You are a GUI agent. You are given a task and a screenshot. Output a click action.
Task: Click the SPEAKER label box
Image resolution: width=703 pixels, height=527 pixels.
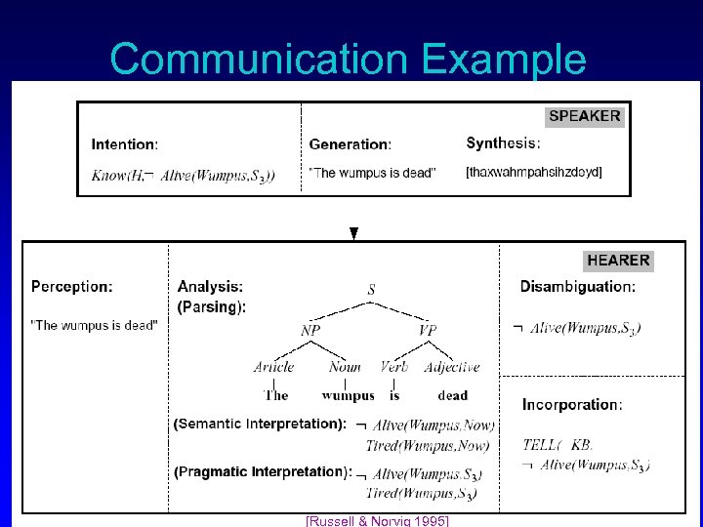(x=584, y=116)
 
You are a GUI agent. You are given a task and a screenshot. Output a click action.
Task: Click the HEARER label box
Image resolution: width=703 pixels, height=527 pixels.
(x=618, y=260)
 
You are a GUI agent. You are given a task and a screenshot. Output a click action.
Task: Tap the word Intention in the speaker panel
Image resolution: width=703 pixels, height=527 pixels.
(x=124, y=144)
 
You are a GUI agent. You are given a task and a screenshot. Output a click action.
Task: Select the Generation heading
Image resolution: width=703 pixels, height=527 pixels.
(x=350, y=144)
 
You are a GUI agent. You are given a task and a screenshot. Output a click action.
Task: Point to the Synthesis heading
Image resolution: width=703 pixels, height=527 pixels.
(x=503, y=143)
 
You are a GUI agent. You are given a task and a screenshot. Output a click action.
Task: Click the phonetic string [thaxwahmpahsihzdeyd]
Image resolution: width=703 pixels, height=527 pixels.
(x=534, y=173)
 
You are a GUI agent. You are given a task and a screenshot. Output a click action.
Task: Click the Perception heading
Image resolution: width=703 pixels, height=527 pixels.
(x=72, y=287)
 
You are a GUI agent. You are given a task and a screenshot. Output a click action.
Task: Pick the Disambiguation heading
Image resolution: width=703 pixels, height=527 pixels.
(x=577, y=287)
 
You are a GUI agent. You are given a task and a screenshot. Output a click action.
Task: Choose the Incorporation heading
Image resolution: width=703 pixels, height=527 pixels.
(x=572, y=404)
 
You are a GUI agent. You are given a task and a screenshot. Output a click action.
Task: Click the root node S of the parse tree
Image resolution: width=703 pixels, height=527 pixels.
(x=371, y=290)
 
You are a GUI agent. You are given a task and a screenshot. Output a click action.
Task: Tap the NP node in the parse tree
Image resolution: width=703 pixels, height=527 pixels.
(x=310, y=331)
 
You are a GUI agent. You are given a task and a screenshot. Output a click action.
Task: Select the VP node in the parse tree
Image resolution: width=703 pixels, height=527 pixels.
(x=427, y=331)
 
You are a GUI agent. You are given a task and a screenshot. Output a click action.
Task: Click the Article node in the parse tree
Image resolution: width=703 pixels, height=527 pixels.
(x=273, y=367)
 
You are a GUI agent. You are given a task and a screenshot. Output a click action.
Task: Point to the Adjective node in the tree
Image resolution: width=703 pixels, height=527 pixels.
(x=452, y=367)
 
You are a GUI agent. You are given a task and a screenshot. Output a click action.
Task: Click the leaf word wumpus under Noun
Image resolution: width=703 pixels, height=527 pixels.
(x=348, y=395)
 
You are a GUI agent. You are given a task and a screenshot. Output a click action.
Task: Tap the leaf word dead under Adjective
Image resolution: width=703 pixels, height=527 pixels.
(x=453, y=395)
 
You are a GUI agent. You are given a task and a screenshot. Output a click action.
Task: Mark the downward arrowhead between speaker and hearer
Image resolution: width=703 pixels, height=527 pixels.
(x=354, y=233)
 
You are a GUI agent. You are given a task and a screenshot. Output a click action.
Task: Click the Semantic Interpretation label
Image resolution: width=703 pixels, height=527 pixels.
(x=260, y=424)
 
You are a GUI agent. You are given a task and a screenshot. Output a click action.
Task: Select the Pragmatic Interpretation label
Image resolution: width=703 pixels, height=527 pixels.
(x=263, y=471)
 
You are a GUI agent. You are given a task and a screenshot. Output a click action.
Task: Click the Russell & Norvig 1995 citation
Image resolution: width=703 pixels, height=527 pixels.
(x=377, y=521)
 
